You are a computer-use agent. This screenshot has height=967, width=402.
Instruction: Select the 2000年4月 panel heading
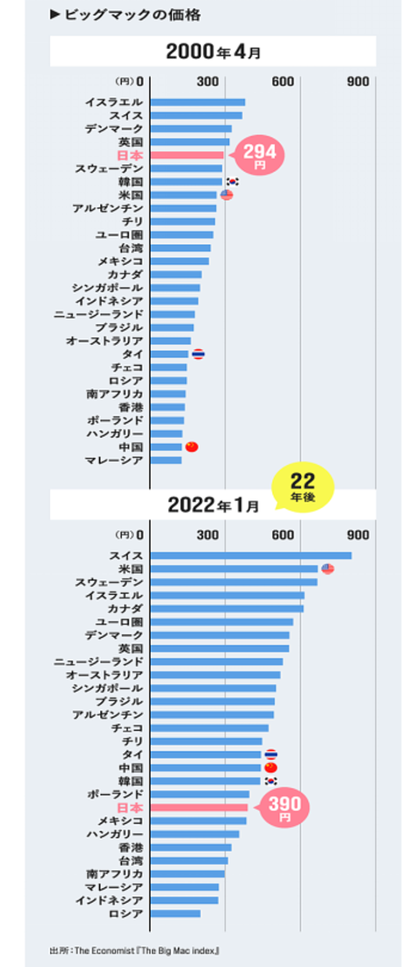(213, 51)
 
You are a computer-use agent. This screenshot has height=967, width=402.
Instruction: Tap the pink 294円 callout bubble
(260, 156)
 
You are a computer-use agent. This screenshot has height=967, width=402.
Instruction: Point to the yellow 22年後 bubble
(302, 486)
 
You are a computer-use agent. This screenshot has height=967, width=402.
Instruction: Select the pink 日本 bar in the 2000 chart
(186, 156)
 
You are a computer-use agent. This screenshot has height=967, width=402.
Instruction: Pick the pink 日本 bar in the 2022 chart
(199, 808)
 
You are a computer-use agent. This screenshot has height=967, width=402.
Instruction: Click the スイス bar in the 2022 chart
(251, 555)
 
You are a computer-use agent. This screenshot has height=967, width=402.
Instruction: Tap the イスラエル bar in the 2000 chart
(197, 102)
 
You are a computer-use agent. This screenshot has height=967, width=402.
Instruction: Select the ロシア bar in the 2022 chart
(175, 914)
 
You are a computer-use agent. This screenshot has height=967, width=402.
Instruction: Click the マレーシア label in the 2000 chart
(113, 460)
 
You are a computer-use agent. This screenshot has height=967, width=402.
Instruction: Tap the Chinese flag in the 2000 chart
(192, 447)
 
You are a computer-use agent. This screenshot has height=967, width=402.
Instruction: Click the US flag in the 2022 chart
(328, 569)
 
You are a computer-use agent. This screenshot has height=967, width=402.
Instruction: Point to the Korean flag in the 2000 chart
(232, 182)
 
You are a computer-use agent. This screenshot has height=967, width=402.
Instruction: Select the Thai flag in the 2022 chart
(270, 754)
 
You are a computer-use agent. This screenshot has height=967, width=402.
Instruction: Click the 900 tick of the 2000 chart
(358, 81)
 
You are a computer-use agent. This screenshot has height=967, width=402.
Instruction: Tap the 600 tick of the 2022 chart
(283, 535)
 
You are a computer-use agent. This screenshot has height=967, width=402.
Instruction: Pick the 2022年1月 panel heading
(213, 505)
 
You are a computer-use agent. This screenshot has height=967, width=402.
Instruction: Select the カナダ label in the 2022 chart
(125, 609)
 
